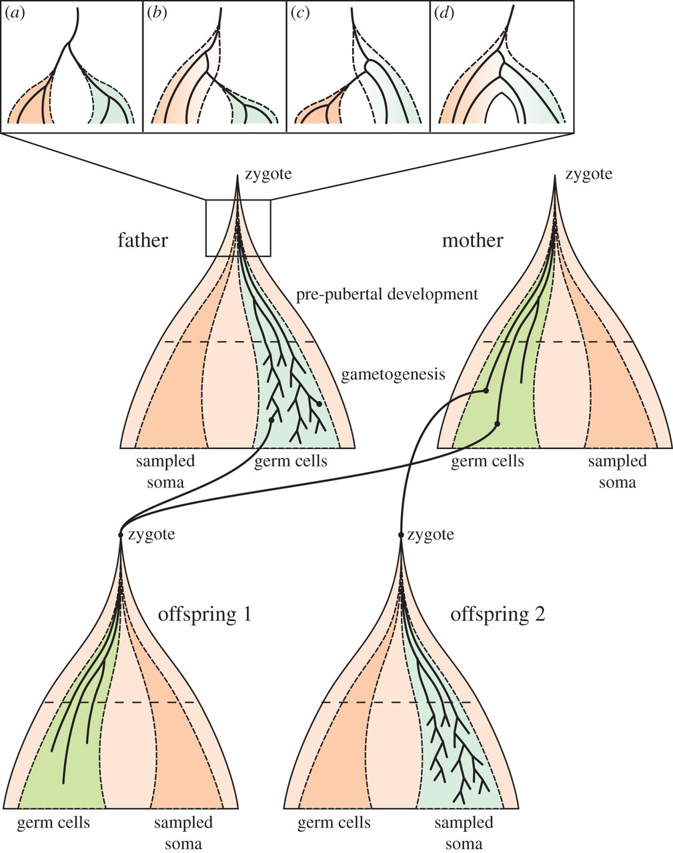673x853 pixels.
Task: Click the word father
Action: click(x=142, y=239)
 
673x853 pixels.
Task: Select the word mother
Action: click(x=472, y=239)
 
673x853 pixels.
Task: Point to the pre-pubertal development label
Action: click(x=388, y=294)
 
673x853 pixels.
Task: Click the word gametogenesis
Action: click(x=393, y=374)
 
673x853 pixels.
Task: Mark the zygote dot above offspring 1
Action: click(x=121, y=535)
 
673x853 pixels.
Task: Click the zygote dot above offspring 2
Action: click(x=401, y=535)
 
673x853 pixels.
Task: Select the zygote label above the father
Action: click(x=267, y=175)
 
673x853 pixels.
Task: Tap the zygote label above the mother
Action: click(x=588, y=175)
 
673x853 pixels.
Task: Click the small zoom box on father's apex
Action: click(x=238, y=228)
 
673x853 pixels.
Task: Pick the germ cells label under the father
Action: click(x=291, y=461)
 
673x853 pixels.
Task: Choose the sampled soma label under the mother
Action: click(x=617, y=470)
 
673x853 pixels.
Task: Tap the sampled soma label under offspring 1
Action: click(x=183, y=832)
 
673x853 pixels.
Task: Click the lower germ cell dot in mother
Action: click(x=498, y=423)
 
